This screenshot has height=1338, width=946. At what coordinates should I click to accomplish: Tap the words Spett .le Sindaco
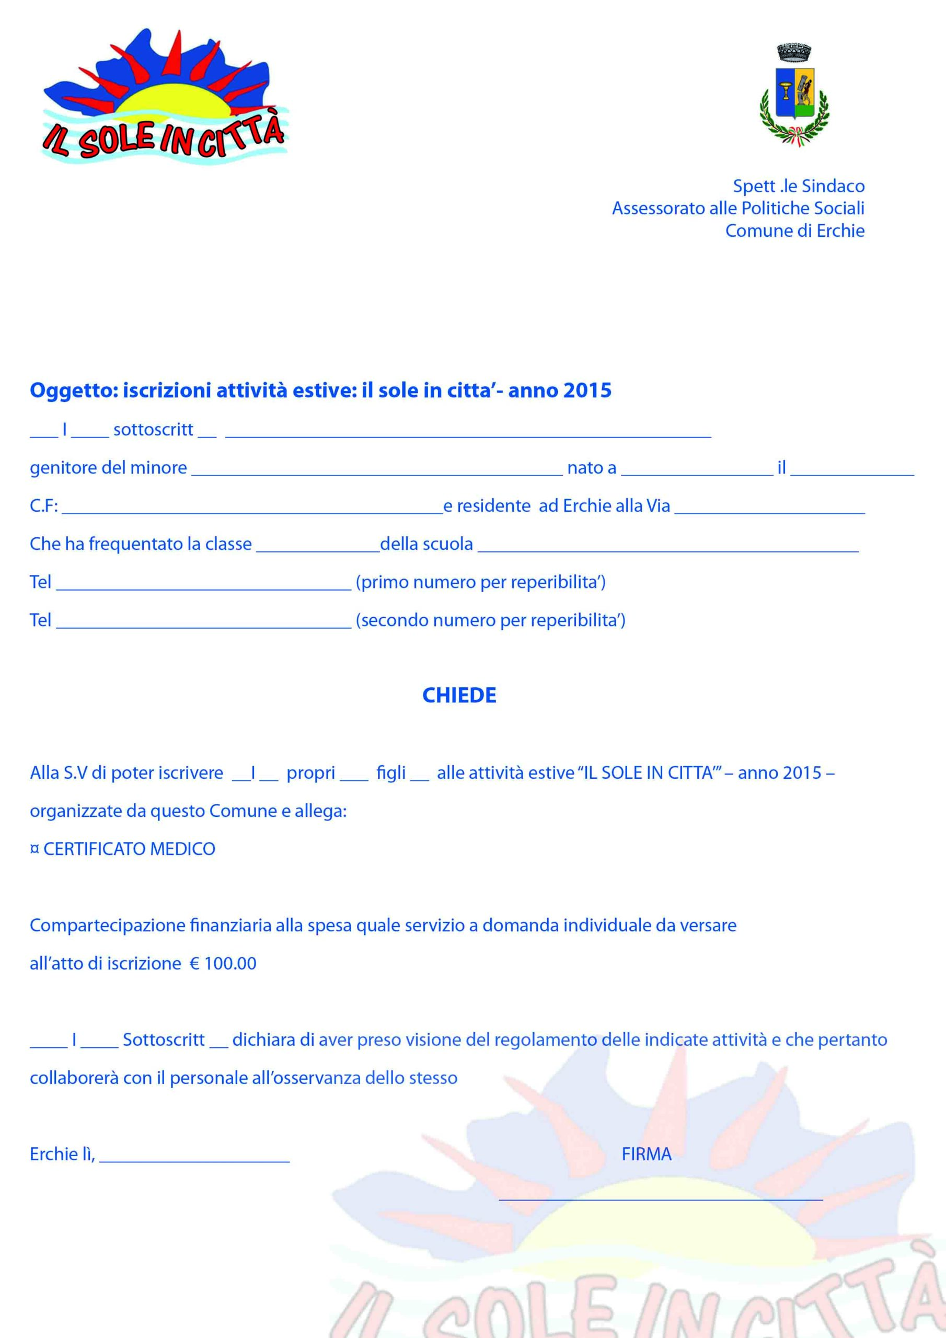(798, 186)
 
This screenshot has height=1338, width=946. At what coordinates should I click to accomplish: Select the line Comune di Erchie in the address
(794, 231)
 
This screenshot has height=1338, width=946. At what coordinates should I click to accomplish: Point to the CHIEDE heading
(459, 695)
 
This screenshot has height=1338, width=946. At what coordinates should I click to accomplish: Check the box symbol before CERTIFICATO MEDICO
(34, 849)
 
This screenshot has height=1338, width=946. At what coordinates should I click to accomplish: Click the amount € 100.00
(223, 963)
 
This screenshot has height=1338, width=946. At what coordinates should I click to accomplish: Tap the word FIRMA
(647, 1154)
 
